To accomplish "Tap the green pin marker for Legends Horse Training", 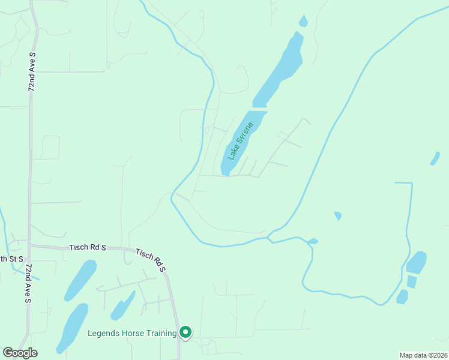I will [186, 331].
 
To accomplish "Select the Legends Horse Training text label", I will [132, 333].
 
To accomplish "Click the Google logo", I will [20, 353].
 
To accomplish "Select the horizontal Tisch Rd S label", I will [88, 247].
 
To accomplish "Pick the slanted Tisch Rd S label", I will [150, 261].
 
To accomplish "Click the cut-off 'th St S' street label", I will [11, 259].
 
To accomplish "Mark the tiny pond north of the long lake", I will [303, 22].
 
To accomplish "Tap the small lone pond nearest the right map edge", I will [435, 158].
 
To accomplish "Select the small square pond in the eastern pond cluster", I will [411, 281].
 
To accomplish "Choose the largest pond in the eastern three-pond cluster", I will [416, 262].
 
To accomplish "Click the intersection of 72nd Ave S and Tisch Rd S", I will [30, 245].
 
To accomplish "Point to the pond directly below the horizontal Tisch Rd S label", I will [80, 280].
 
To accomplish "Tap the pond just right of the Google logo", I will [73, 327].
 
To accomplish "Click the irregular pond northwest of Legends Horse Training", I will [122, 305].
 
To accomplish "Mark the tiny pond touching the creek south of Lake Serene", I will [312, 241].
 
